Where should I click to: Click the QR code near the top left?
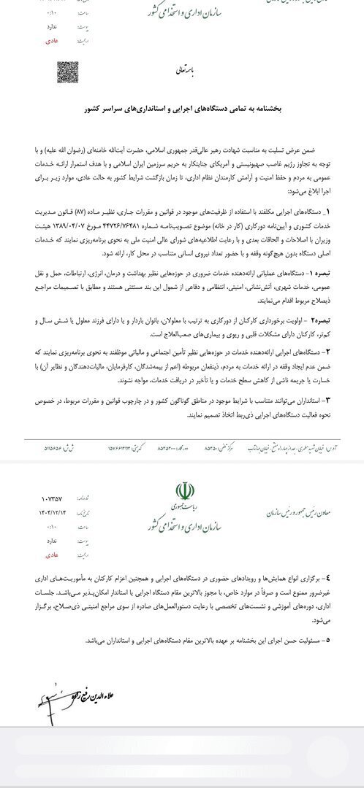pyautogui.click(x=68, y=72)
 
